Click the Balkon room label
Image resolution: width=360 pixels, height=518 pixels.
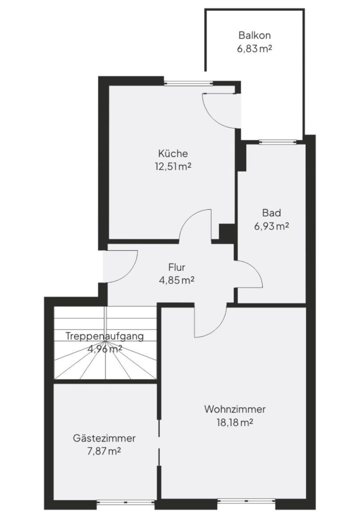(x=255, y=35)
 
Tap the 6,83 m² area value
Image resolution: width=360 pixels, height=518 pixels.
(x=254, y=49)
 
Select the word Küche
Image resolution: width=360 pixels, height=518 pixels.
(x=173, y=153)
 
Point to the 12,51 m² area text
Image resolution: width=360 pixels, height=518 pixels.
(x=173, y=166)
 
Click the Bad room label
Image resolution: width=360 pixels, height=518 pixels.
(x=271, y=213)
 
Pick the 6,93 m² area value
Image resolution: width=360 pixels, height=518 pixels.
(x=271, y=226)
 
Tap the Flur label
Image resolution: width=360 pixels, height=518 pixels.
(x=177, y=267)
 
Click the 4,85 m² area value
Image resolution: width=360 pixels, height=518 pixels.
(x=177, y=280)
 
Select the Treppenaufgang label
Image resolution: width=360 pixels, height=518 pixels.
(x=105, y=336)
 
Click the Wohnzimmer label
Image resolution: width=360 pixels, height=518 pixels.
(x=235, y=409)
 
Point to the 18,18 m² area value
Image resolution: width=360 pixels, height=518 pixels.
(x=235, y=423)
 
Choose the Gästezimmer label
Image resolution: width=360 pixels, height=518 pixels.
(x=104, y=438)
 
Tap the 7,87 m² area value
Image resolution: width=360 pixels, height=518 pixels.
(x=104, y=451)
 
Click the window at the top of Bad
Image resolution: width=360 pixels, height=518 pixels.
(x=278, y=142)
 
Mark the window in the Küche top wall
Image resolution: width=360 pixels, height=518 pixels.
(x=188, y=83)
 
